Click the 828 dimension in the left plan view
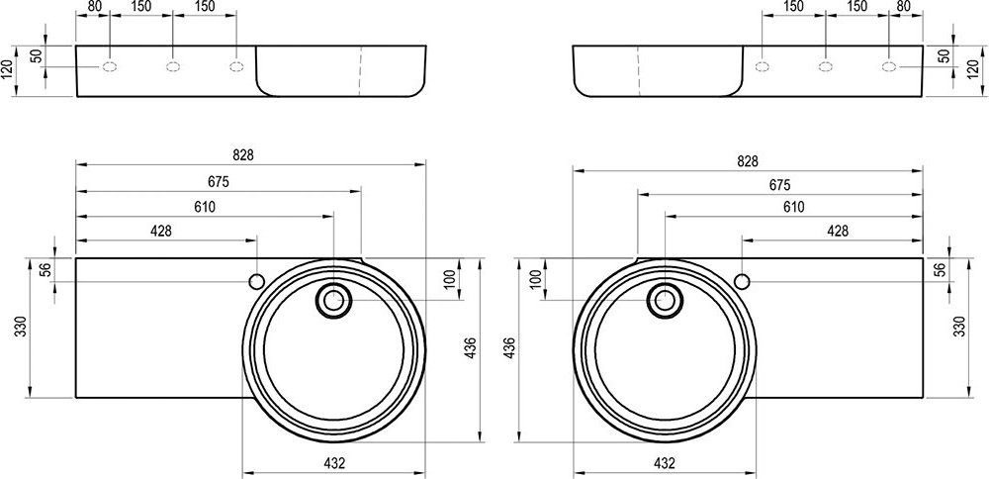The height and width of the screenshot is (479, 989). point(243,155)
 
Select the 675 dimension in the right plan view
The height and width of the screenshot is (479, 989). point(778,184)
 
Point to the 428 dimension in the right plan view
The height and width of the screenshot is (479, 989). point(837,231)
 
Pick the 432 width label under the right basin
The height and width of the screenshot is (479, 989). point(665,462)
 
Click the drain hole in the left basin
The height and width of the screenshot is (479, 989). point(332,299)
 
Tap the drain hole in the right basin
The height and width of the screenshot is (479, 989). point(665,299)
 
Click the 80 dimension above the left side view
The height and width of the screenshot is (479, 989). point(95,7)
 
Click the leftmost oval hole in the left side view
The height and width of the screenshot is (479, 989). point(109,67)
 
